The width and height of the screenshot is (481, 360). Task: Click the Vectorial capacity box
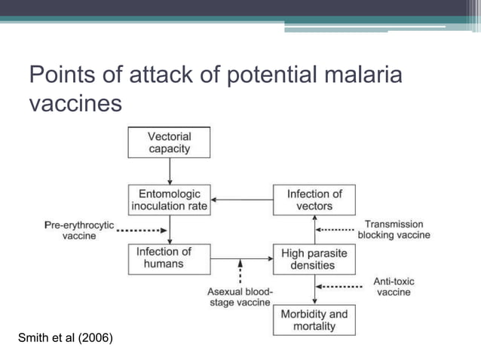[x=169, y=143]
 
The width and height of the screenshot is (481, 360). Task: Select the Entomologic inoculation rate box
[x=169, y=200]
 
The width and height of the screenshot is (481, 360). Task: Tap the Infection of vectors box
[x=314, y=200]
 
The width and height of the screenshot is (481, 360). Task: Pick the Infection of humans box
[x=164, y=258]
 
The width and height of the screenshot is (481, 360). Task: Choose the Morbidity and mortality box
[x=314, y=319]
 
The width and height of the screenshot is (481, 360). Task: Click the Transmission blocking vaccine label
[x=394, y=230]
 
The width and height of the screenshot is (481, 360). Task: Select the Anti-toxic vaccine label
[x=394, y=286]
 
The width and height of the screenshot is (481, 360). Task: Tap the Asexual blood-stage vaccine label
[x=239, y=297]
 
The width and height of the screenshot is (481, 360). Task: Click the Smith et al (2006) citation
[x=66, y=337]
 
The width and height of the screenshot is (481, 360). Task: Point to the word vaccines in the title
[x=75, y=103]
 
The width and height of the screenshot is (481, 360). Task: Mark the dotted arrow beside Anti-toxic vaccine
[x=339, y=286]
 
